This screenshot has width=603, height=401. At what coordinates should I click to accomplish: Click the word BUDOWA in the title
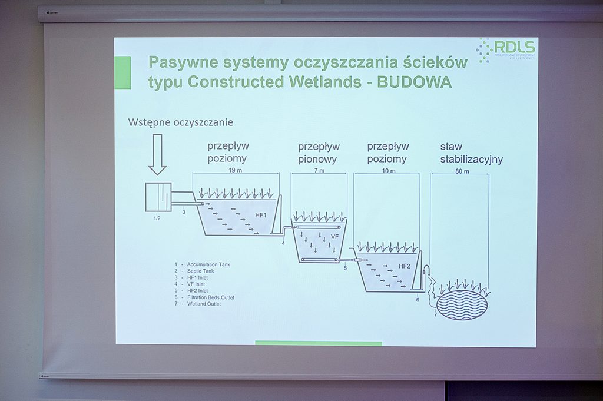coord(415,82)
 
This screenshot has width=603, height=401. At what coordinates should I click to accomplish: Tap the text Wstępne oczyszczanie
coord(180,122)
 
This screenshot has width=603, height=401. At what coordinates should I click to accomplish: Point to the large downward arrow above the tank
coord(157,154)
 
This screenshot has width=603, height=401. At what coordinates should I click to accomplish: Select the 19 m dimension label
coord(236,171)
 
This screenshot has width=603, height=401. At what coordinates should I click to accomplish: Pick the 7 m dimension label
coord(319,171)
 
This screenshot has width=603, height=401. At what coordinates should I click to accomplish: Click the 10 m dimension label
coord(389,171)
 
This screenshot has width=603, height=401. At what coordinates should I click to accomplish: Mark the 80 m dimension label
coord(462,171)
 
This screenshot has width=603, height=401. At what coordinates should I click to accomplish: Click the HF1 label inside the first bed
coord(261,216)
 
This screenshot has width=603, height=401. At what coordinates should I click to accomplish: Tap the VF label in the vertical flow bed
coord(334,237)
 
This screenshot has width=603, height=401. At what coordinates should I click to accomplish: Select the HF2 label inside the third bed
coord(405,266)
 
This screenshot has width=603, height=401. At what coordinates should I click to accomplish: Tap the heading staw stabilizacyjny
coord(471,153)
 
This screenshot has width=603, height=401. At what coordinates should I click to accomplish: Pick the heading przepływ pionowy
coord(319,153)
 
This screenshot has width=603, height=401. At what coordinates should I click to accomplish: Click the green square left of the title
coord(123,72)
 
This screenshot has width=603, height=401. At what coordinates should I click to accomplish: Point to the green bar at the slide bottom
coord(319,343)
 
